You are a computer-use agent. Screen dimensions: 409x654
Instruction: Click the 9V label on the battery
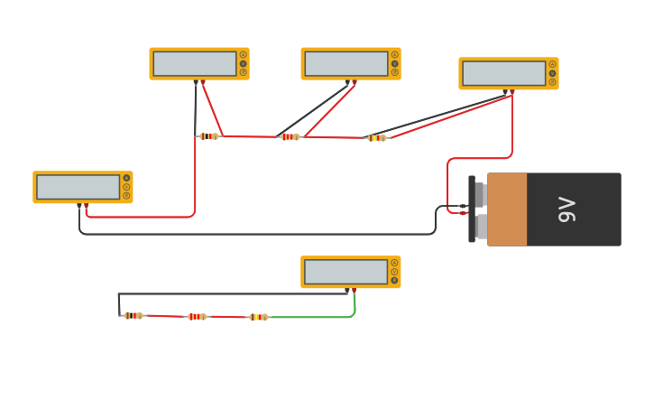[566, 209]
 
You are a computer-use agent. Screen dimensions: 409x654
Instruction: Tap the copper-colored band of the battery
[507, 209]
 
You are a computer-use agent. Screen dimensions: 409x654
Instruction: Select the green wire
[316, 317]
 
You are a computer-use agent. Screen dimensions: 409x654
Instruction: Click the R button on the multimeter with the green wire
[394, 280]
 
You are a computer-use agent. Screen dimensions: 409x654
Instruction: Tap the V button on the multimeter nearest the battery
[552, 73]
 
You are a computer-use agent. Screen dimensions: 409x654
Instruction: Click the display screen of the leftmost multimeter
[78, 187]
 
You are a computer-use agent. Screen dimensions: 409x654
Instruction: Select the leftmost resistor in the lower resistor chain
[134, 316]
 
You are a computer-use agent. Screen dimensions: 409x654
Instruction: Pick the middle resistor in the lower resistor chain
[197, 317]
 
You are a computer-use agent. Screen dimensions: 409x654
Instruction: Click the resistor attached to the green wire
[258, 317]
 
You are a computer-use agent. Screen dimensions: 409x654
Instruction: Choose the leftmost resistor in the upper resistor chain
[209, 136]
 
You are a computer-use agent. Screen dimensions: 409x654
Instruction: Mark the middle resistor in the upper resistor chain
[290, 137]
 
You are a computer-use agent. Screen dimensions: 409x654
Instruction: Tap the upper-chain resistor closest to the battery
[377, 138]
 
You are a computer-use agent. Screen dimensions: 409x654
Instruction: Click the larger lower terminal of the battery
[480, 225]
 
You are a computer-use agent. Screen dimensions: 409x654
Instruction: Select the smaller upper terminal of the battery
[480, 195]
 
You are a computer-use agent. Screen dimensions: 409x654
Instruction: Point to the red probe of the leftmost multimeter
[87, 207]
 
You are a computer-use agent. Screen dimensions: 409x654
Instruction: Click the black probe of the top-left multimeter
[196, 83]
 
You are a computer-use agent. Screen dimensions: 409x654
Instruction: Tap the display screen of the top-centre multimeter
[346, 64]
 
